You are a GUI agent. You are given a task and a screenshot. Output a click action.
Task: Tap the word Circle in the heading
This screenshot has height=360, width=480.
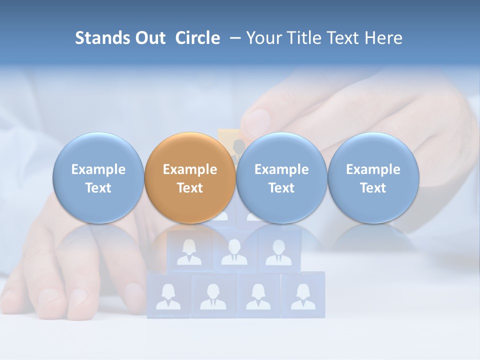click(197, 38)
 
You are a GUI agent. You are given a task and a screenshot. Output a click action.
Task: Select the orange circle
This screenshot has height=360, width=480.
click(190, 178)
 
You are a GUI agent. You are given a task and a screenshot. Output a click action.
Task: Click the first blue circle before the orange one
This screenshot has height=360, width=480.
click(98, 178)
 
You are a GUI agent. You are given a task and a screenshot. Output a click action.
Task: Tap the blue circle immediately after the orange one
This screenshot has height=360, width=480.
click(281, 178)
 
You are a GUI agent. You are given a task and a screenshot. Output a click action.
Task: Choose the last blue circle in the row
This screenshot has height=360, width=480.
click(373, 178)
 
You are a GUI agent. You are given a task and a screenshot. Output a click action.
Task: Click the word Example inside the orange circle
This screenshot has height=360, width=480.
click(190, 169)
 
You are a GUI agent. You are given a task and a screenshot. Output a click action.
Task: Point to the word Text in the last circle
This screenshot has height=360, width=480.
click(373, 188)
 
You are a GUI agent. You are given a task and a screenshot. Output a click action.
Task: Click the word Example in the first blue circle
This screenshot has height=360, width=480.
click(98, 169)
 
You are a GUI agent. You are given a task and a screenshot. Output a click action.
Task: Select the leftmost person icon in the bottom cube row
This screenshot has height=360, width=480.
click(168, 296)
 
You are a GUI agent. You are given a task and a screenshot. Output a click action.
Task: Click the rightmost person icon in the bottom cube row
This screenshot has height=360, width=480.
click(303, 296)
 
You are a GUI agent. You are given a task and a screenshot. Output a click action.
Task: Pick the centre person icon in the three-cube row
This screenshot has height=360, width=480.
click(234, 252)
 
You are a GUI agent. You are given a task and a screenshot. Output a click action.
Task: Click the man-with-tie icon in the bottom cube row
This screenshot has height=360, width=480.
click(213, 296)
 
